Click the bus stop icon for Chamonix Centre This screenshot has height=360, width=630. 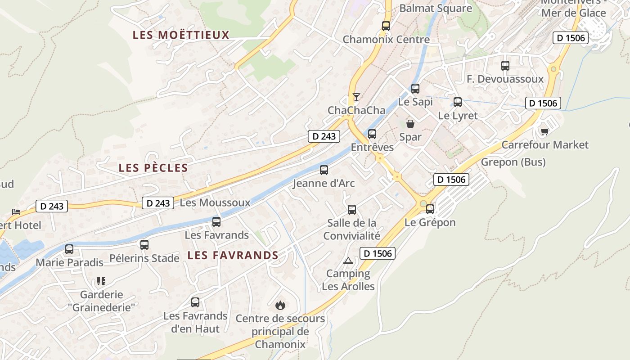[386, 26]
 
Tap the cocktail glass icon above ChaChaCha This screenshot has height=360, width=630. [356, 97]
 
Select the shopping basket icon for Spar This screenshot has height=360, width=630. [410, 123]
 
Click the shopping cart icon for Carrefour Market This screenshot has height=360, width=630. [544, 131]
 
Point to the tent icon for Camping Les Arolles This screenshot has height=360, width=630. [348, 261]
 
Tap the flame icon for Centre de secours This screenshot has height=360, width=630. [280, 306]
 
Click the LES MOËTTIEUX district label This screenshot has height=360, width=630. [181, 35]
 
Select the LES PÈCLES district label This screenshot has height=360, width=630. [153, 168]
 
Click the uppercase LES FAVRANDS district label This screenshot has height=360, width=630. [233, 255]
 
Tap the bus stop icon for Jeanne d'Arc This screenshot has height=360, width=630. [324, 170]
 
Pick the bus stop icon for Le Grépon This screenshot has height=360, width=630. [430, 209]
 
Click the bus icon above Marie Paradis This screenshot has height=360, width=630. [69, 249]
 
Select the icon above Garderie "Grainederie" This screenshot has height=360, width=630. [101, 281]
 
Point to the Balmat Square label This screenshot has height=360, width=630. [436, 8]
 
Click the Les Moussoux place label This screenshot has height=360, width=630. [215, 202]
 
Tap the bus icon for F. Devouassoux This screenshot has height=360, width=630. [505, 66]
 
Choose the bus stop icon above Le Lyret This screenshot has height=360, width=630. [458, 102]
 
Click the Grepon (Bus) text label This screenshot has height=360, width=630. [513, 162]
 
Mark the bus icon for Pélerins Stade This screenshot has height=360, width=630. [144, 245]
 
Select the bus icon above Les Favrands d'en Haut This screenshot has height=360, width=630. [195, 302]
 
